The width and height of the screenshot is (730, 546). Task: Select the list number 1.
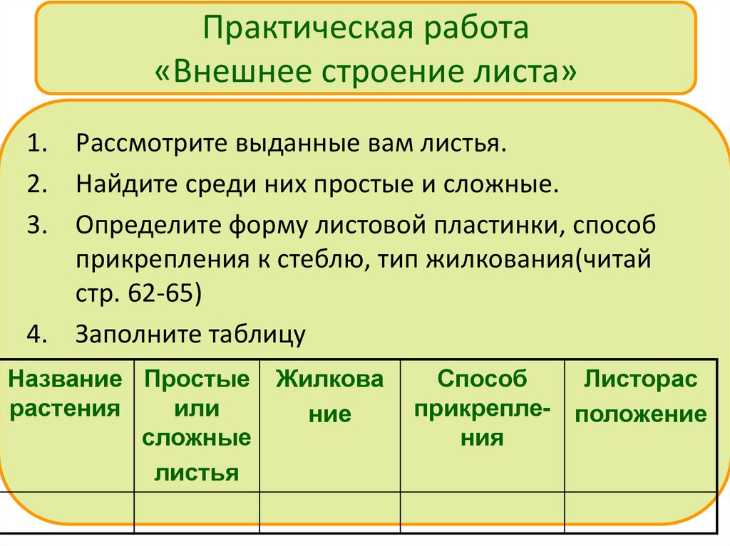point(38,145)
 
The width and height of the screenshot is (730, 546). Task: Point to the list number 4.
point(38,333)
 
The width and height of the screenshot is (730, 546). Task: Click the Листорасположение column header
point(640,397)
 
